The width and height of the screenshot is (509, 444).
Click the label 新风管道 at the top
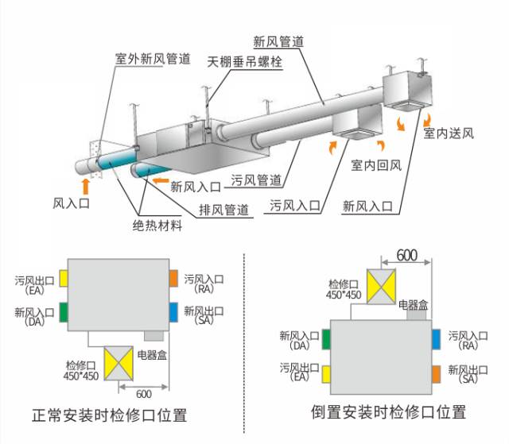(279, 41)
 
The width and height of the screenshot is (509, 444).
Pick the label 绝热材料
(157, 226)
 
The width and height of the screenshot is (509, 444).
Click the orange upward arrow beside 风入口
(86, 187)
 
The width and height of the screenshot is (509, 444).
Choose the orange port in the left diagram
(173, 278)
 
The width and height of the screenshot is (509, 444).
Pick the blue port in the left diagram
(173, 311)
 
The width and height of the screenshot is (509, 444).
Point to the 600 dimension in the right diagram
(406, 255)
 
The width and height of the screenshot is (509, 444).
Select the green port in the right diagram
(324, 340)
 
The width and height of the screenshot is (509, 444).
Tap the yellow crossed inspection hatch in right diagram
(380, 284)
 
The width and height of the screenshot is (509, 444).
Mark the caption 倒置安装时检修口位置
(388, 412)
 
